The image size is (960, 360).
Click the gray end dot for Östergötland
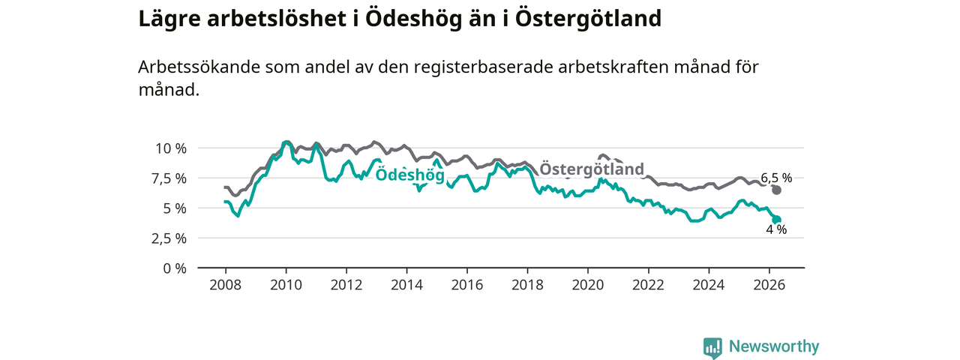tap(776, 190)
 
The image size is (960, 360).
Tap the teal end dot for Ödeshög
tap(776, 220)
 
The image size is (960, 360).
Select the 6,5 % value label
tap(776, 178)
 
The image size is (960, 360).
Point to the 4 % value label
tap(776, 229)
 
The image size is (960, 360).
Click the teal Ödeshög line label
tap(410, 175)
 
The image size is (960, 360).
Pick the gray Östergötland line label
tap(592, 169)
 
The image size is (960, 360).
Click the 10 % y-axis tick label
tap(171, 148)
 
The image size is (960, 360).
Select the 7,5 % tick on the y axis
tap(169, 178)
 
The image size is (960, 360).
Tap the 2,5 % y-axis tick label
tap(169, 238)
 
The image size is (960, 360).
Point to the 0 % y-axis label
tap(175, 268)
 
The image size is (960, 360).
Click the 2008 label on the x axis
tap(226, 285)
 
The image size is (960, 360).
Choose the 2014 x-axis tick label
tap(406, 285)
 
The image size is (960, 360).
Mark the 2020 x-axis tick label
tap(587, 285)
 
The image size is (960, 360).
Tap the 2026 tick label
tap(769, 285)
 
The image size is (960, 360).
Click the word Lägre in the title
tap(169, 19)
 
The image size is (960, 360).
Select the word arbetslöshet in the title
tap(277, 19)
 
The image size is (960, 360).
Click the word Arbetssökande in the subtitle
tap(199, 67)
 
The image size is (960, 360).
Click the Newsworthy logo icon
tap(712, 347)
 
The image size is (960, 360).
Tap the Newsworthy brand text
tap(774, 346)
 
